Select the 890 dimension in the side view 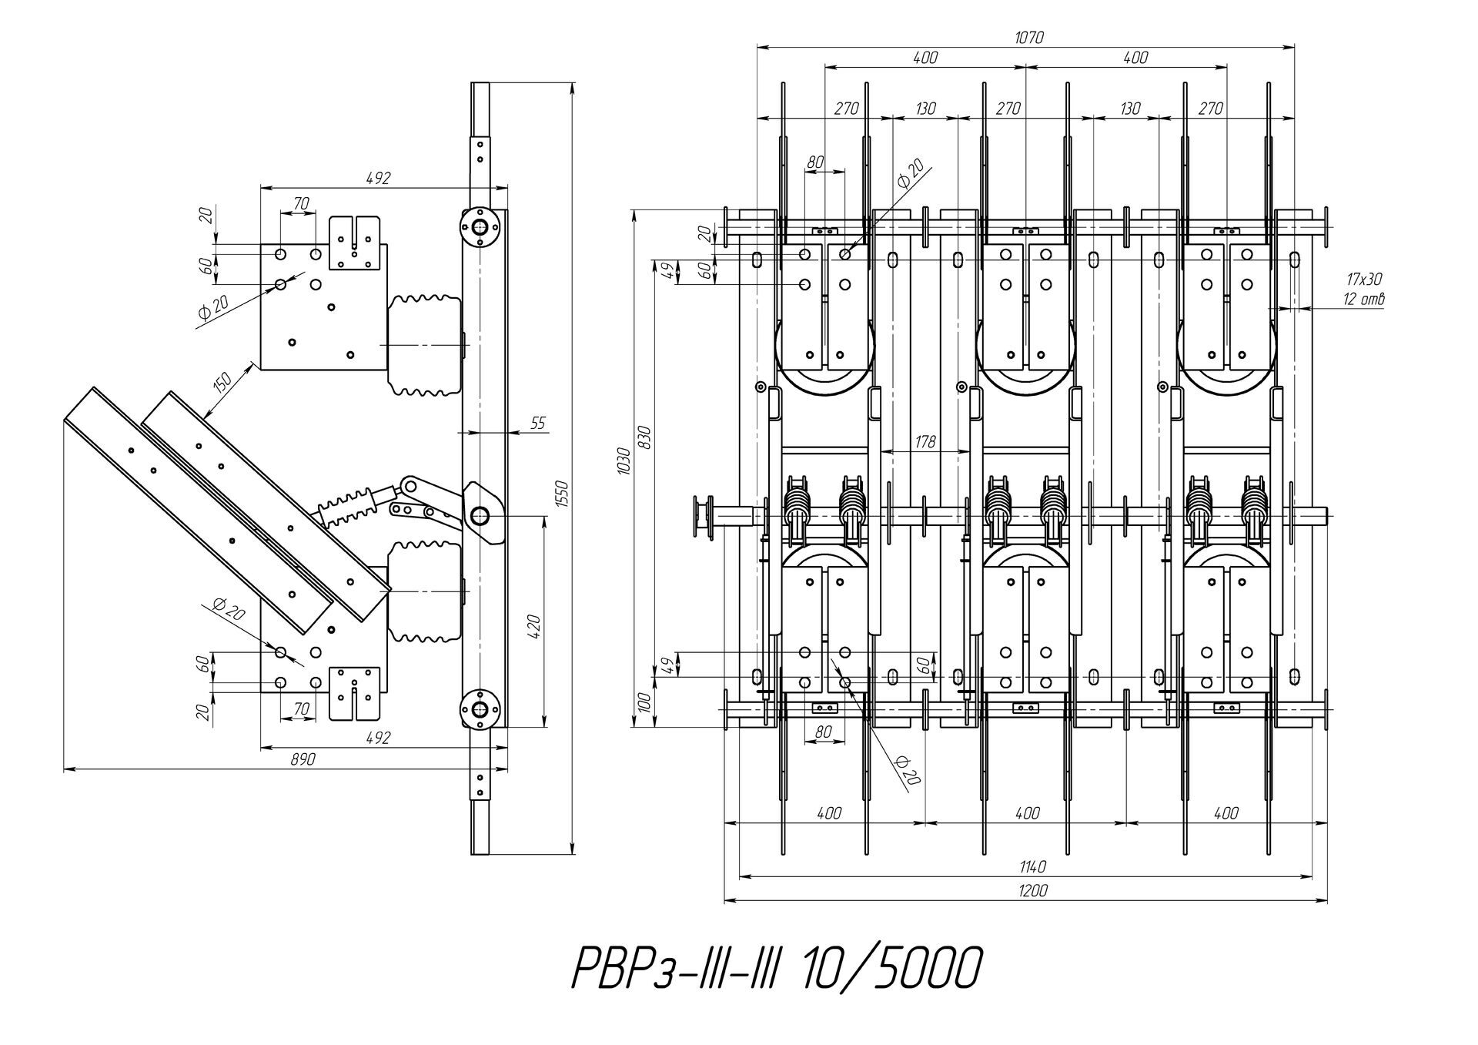pyautogui.click(x=303, y=759)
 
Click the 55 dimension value pyautogui.click(x=538, y=423)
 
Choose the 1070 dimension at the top pyautogui.click(x=1028, y=37)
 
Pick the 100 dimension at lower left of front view pyautogui.click(x=644, y=702)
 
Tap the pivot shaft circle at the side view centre pyautogui.click(x=480, y=514)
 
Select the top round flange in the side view pyautogui.click(x=480, y=227)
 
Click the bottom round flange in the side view pyautogui.click(x=480, y=709)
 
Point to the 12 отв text pyautogui.click(x=1364, y=299)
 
